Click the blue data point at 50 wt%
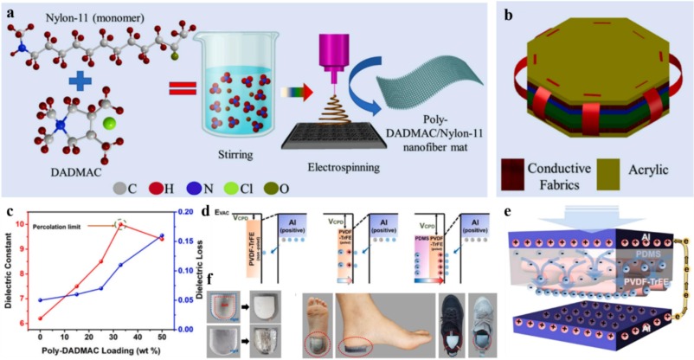tap(160, 235)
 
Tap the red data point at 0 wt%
tap(40, 318)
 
